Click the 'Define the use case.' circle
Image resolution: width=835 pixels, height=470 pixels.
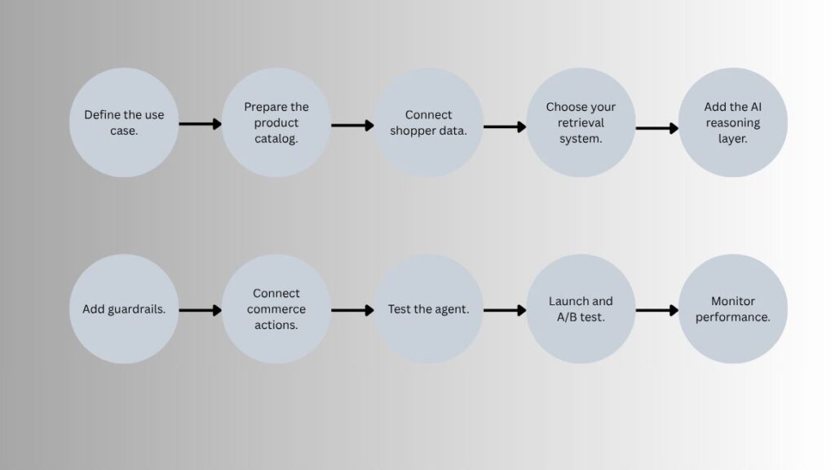pos(124,122)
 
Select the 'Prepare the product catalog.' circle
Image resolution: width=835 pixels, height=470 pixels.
pos(276,122)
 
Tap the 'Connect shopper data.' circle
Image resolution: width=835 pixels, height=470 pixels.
pos(429,122)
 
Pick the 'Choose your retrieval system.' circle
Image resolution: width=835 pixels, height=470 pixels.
pos(581,122)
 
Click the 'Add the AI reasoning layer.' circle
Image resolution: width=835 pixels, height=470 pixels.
pos(733,122)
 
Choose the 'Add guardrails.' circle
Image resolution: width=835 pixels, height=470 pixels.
pos(124,309)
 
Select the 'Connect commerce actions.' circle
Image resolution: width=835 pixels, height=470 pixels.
pos(276,309)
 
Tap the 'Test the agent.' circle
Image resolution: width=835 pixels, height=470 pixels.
pos(429,309)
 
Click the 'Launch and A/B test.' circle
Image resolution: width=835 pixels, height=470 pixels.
pos(581,309)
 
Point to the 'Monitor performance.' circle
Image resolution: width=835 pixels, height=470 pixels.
pos(733,309)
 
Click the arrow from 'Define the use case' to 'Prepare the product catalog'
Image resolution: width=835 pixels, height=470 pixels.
pos(201,124)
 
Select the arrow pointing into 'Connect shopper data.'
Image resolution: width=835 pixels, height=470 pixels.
pos(352,125)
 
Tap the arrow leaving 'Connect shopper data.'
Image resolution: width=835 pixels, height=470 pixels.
pos(505,126)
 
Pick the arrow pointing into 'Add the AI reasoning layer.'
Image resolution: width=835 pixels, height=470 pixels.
pos(657,128)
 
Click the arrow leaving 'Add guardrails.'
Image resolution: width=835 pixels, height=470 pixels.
pos(201,310)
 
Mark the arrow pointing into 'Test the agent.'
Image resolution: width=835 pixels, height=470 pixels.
pos(352,310)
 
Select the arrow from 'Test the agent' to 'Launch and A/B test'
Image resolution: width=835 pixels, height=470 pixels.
pos(505,310)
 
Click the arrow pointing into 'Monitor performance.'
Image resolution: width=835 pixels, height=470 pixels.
pos(657,310)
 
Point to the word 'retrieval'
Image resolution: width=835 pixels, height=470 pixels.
pos(581,122)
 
